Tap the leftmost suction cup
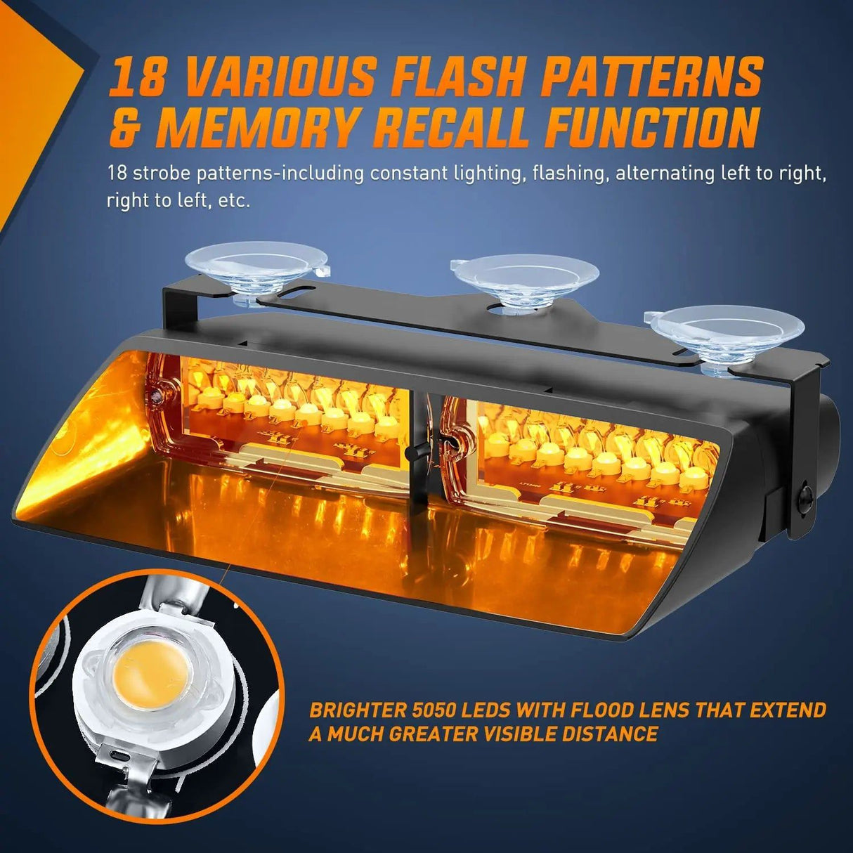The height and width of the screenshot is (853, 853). [256, 267]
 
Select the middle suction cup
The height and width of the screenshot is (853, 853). [523, 277]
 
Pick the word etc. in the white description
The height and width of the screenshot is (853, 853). [236, 201]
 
